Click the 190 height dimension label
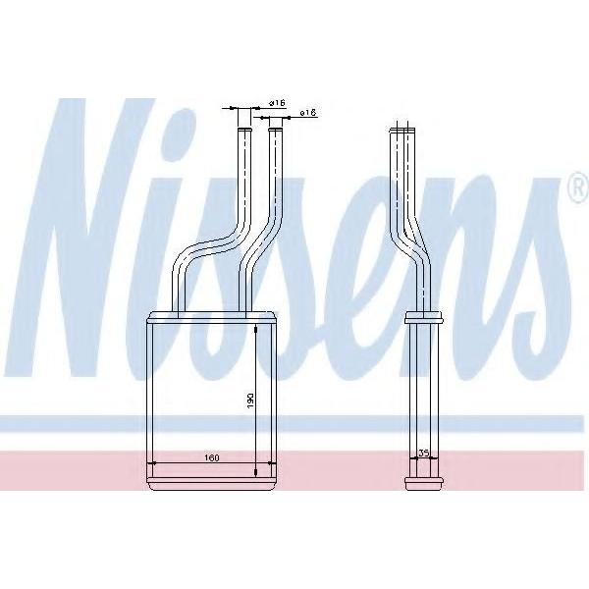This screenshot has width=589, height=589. [250, 402]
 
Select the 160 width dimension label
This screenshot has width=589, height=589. [211, 457]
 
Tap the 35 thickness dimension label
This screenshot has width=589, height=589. [424, 454]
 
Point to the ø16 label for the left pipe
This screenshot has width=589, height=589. [277, 102]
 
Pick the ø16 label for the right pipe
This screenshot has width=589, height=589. [308, 112]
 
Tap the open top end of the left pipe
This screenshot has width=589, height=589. [244, 130]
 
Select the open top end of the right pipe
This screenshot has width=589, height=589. [275, 131]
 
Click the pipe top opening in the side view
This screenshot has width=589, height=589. [402, 131]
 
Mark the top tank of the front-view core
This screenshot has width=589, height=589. [213, 317]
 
